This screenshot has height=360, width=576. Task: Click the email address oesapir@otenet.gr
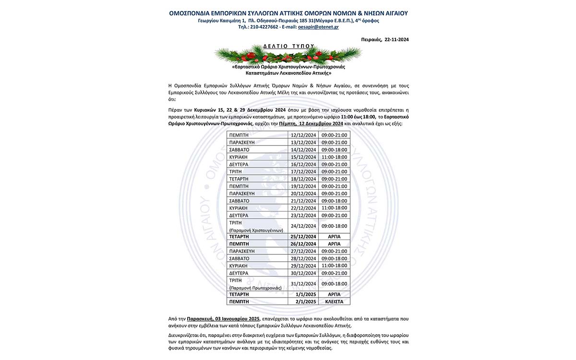tap(318, 27)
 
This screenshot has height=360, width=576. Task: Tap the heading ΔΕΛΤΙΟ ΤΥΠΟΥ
tap(288, 46)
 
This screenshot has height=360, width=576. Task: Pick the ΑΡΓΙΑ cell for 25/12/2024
tap(335, 237)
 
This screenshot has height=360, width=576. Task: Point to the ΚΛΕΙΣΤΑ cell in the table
tap(335, 301)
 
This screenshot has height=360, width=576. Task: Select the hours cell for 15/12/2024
tap(335, 157)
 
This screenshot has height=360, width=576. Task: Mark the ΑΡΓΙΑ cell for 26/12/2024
tap(335, 244)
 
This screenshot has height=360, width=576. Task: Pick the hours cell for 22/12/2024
tap(335, 208)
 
